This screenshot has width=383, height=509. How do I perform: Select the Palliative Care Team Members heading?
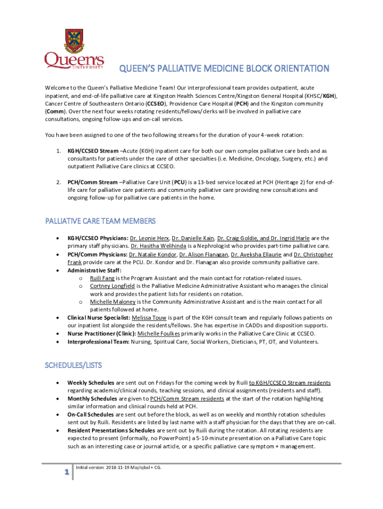coord(100,221)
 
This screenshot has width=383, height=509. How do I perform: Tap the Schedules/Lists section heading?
coord(73,365)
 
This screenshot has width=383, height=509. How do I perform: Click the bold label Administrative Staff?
coord(88,270)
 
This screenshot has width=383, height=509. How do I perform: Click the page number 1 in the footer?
coord(65,473)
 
